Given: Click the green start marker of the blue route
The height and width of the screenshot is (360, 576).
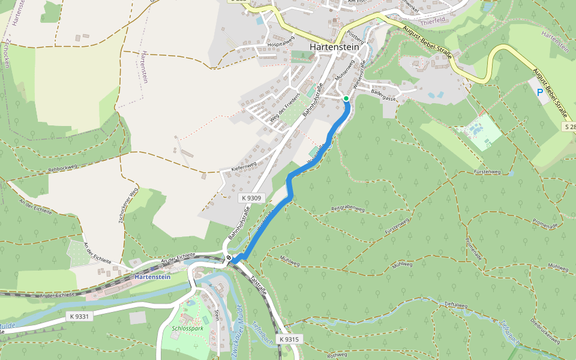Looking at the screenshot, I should (346, 98).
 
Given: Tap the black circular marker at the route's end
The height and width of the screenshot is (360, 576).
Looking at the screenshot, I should (229, 258).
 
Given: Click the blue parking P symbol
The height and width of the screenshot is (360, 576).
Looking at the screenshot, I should (539, 92).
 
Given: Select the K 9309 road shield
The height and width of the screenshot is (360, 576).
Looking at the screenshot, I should (251, 197).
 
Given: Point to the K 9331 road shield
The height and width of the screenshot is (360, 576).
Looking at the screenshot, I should (79, 316).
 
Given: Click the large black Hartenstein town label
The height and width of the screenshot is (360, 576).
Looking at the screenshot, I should (334, 47).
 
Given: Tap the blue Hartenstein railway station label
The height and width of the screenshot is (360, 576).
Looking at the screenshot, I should (152, 277).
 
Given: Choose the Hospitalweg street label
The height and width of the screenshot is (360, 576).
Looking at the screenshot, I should (281, 42).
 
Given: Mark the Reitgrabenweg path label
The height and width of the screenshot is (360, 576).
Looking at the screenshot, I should (348, 209).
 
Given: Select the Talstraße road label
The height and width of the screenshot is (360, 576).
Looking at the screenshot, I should (256, 284).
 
